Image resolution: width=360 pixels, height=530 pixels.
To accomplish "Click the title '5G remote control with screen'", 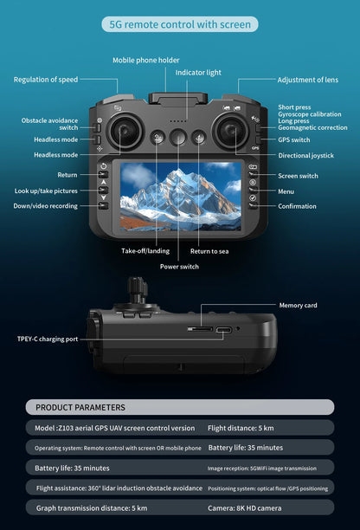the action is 180,24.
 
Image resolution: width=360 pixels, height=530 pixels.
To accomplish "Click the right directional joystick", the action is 231,131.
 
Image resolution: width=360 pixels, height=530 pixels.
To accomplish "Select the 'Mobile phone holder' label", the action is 146,60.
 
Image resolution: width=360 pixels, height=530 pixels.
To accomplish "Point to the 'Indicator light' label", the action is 198,73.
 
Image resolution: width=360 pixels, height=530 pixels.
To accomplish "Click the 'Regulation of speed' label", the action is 46,80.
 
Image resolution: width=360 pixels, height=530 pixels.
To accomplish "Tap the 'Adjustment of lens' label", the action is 308,80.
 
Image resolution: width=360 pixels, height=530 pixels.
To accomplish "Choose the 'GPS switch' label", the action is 294,140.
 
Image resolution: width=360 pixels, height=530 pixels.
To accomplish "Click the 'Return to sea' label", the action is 209,251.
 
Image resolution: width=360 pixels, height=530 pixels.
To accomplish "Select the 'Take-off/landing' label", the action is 145,251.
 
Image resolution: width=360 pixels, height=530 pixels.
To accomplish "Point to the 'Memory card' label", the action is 299,305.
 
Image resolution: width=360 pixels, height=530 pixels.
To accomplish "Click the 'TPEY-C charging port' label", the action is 48,339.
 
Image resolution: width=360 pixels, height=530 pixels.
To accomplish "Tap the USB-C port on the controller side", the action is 224,330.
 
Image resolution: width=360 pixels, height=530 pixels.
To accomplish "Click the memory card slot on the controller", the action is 200,328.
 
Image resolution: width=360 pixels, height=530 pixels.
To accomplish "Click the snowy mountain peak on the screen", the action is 176,174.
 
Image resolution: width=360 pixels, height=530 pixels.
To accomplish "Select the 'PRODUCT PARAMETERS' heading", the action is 80,407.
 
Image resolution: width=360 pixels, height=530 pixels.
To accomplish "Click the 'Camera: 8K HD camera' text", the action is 245,508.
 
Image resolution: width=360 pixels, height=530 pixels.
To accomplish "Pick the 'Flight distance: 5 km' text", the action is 241,428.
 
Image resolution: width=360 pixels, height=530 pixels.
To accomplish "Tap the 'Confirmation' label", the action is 297,206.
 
